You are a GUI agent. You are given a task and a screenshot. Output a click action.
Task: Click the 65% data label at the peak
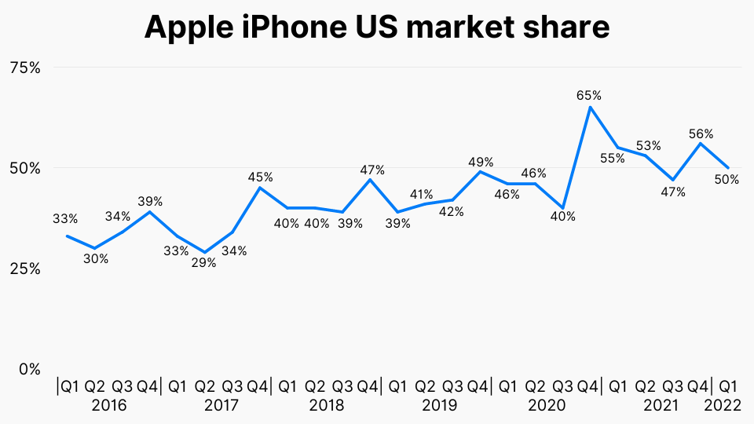point(588,96)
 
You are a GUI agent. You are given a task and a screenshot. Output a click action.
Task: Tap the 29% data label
point(203,263)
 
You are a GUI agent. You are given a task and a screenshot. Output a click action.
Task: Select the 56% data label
point(700,133)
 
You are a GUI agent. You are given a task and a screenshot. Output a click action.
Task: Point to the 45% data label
point(260,177)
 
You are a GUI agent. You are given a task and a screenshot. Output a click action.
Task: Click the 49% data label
point(481,163)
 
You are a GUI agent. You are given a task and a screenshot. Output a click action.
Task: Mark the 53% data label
point(648,145)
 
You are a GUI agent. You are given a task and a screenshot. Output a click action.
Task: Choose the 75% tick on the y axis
point(24,68)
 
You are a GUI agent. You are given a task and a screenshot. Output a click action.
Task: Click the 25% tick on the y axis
point(24,269)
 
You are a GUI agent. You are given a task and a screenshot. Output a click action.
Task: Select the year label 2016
point(108,406)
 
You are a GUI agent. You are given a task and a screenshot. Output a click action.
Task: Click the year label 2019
point(439,406)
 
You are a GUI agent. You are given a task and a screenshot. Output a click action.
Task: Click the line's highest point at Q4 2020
point(590,107)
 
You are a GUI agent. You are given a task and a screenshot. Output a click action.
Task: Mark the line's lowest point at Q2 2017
point(205,252)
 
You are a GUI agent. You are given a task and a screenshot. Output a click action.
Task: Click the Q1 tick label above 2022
point(728,386)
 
